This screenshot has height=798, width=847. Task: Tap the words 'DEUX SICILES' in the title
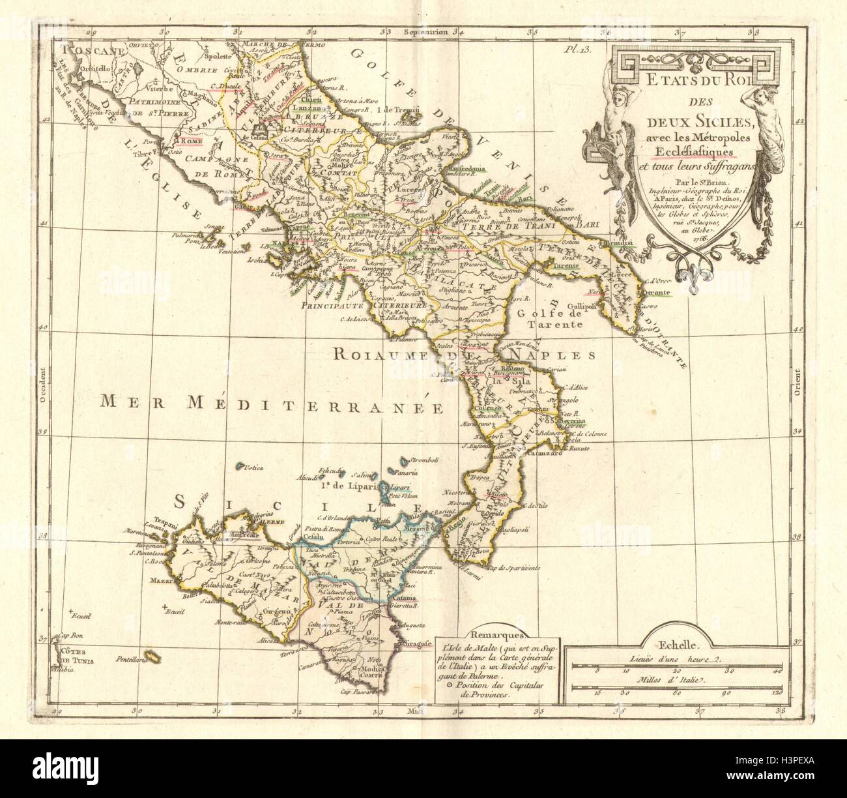[700, 121]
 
